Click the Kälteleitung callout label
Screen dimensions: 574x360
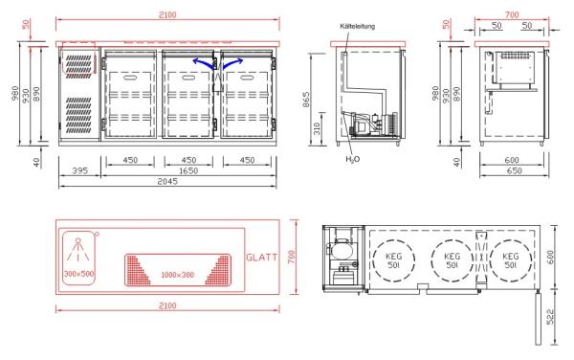point(357,27)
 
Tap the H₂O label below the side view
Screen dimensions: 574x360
point(352,159)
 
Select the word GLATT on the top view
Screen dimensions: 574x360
point(262,258)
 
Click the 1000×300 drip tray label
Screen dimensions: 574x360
point(178,275)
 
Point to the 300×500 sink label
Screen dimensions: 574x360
point(79,274)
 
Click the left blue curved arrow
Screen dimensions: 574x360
point(203,62)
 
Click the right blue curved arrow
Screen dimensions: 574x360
point(232,62)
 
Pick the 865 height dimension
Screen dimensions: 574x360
point(306,100)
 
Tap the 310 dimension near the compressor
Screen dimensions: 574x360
point(317,128)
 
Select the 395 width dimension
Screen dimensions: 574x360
point(79,170)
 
